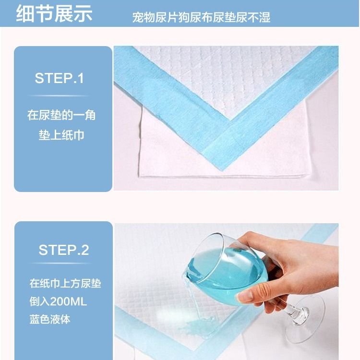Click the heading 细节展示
[x=54, y=13]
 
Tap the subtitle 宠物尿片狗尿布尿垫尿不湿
[x=201, y=17]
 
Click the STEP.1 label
[x=59, y=78]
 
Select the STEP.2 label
[x=63, y=250]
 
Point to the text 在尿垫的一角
[x=61, y=115]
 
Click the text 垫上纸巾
[x=61, y=135]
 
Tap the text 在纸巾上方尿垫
[x=65, y=283]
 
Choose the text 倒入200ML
[x=58, y=301]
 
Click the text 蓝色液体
[x=50, y=319]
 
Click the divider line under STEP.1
[x=59, y=96]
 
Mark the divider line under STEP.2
[x=62, y=263]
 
